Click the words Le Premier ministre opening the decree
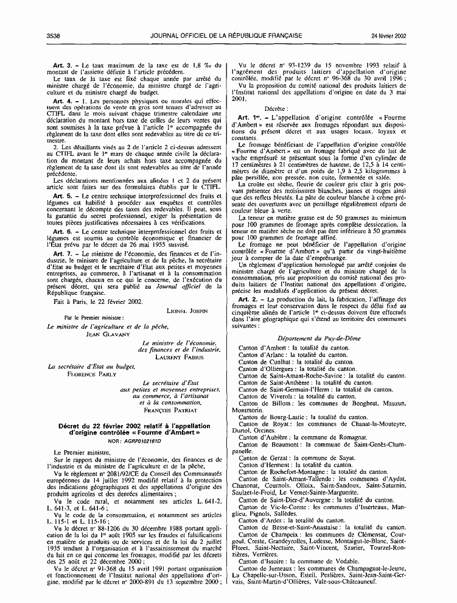tap(78, 452)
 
